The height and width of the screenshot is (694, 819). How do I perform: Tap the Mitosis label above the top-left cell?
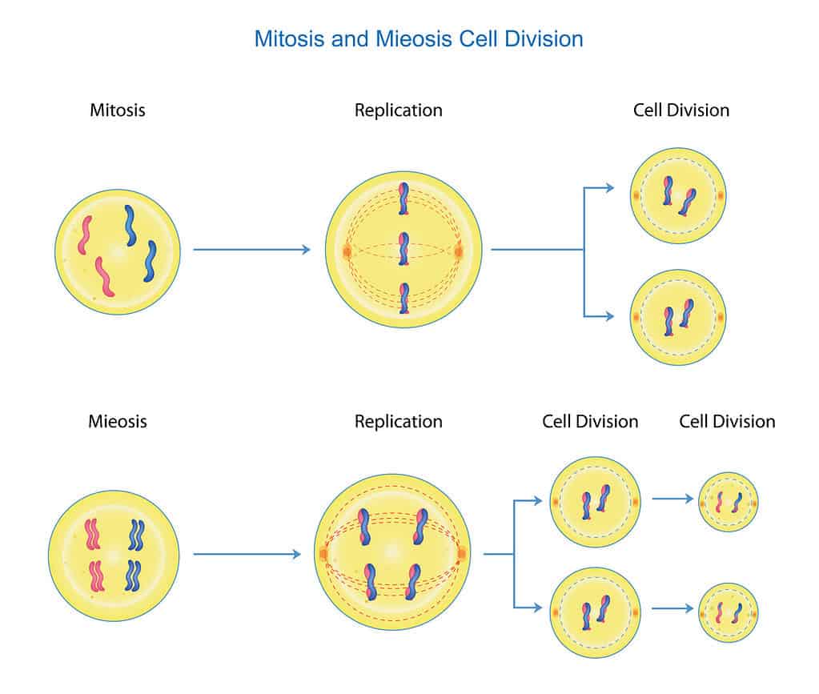(118, 110)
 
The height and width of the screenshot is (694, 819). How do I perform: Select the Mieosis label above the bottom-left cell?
(118, 421)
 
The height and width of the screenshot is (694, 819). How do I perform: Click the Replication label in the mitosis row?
(398, 110)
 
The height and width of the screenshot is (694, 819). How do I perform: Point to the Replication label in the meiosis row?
(398, 421)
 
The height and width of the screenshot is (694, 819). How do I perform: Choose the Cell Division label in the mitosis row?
(681, 110)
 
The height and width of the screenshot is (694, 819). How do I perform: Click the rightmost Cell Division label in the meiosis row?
(727, 421)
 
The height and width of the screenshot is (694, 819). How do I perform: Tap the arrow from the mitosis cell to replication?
(251, 250)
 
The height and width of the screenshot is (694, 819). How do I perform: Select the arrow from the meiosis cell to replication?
(247, 554)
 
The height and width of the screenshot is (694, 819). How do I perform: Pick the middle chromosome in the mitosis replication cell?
(404, 249)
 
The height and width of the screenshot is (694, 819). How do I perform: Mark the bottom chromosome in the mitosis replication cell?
(404, 299)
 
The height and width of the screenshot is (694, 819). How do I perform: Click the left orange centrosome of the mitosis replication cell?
(347, 251)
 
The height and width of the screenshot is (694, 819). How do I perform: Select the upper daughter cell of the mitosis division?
(678, 195)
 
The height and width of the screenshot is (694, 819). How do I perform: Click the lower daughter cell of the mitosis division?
(678, 318)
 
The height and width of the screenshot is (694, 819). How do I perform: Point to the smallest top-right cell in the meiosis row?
(729, 502)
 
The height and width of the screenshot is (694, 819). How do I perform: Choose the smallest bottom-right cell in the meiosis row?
(729, 612)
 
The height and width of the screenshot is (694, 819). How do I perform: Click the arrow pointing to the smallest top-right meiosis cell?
(672, 499)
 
